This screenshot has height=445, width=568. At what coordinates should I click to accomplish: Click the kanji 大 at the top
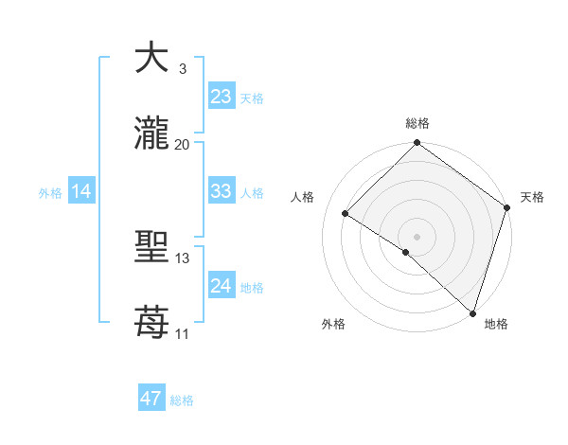pos(152,59)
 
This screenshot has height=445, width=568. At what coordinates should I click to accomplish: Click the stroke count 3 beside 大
pos(182,69)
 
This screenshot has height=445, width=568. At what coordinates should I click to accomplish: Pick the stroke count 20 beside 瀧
pos(183,144)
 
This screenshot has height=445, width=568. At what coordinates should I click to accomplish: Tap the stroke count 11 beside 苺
pos(182,333)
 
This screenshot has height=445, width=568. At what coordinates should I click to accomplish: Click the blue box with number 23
pos(221,97)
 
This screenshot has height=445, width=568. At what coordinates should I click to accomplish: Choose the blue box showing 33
pos(221,191)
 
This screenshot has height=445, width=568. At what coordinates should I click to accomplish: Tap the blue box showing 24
pos(221,286)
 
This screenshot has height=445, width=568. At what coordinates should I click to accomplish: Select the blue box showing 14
pos(81,191)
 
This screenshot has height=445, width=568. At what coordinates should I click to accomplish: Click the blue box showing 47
pos(151,399)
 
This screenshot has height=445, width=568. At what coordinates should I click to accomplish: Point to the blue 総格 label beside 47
pos(183,400)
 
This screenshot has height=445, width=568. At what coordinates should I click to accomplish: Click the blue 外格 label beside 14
pos(50,193)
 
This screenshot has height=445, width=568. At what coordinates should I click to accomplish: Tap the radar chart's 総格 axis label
pos(417,123)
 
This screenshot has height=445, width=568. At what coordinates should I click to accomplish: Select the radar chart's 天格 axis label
pos(532,197)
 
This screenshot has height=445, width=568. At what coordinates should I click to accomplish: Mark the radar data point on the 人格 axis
pos(346,213)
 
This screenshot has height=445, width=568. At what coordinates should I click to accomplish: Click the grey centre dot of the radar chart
pos(417,236)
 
